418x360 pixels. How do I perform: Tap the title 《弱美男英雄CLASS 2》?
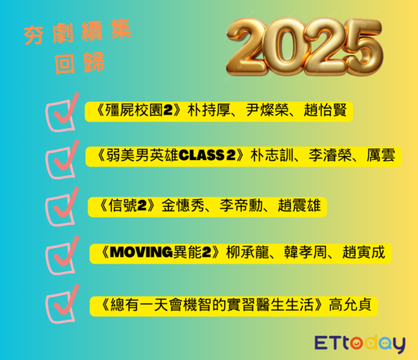(171, 156)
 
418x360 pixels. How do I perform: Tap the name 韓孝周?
(300, 253)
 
